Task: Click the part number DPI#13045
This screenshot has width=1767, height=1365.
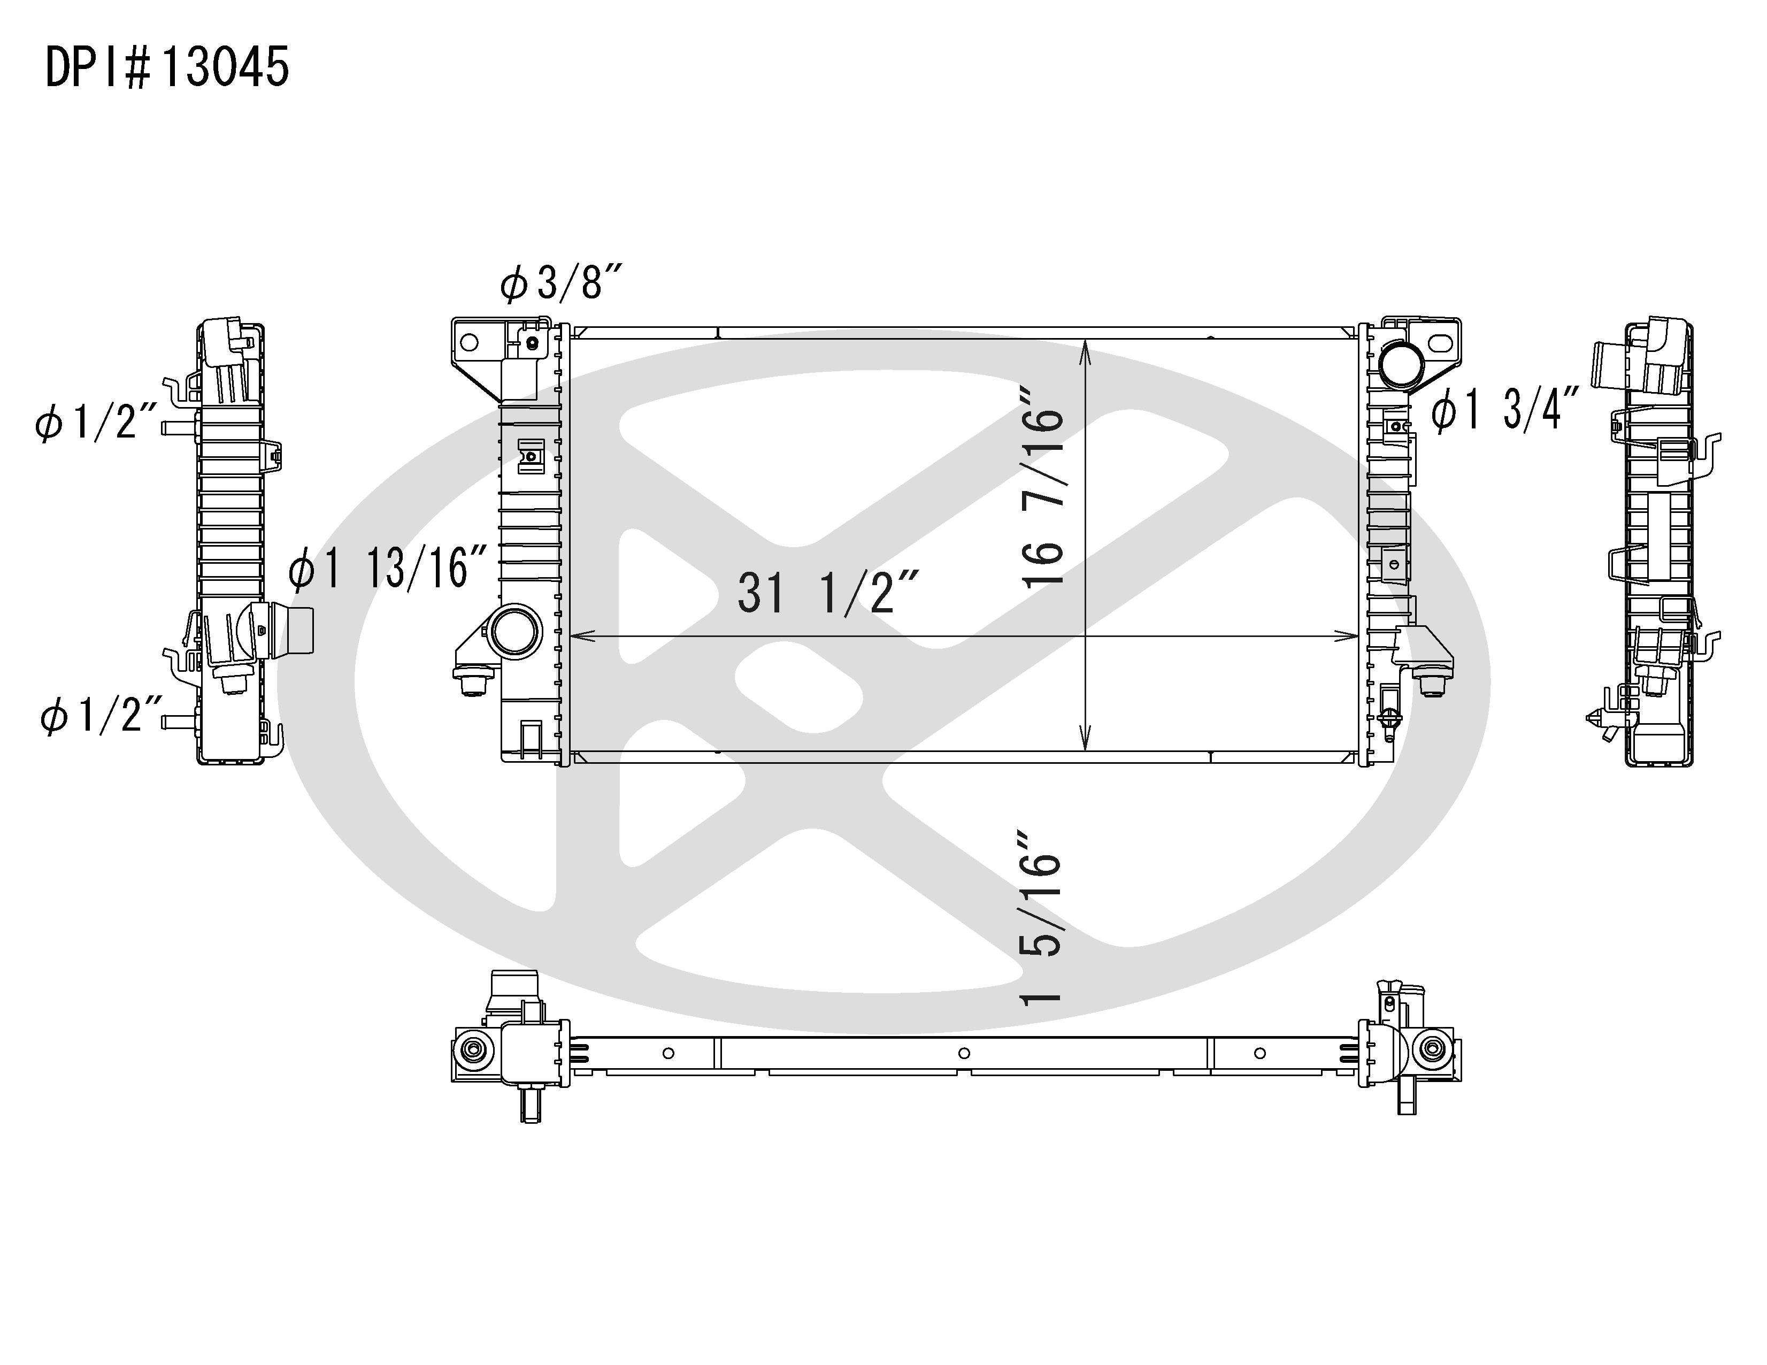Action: pos(167,67)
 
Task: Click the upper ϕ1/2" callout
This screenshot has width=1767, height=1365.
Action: pos(96,423)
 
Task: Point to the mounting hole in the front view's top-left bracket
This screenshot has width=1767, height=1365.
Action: pos(468,342)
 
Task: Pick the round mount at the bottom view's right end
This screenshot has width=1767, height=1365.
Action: pos(1432,1049)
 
